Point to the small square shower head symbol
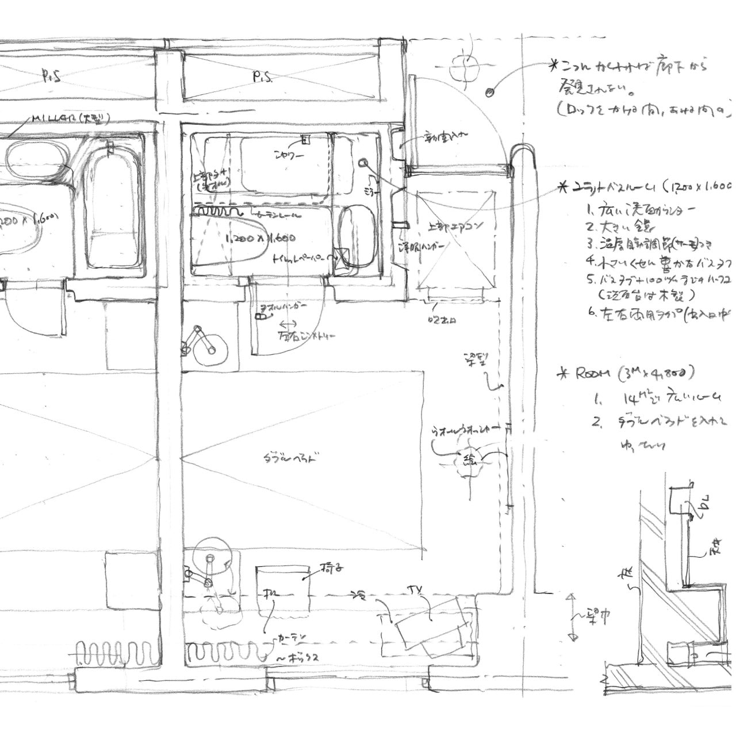[x=305, y=139]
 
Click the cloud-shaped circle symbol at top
[x=465, y=67]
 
